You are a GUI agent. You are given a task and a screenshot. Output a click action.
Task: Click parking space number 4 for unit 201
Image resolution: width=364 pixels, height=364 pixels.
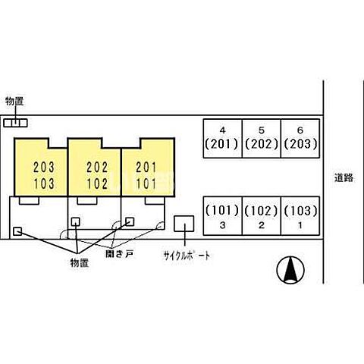coord(223,139)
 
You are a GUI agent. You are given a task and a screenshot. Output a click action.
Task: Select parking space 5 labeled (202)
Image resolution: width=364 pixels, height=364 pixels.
coord(262,139)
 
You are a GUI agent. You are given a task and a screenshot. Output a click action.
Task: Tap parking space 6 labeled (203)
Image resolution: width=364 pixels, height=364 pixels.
coord(300,139)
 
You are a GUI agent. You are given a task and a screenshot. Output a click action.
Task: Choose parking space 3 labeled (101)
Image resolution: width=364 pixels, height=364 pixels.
coord(223,216)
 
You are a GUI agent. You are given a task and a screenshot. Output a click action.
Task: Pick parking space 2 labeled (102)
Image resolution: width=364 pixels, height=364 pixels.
coord(262,216)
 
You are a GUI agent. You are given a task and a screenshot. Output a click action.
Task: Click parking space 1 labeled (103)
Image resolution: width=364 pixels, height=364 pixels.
coord(300,216)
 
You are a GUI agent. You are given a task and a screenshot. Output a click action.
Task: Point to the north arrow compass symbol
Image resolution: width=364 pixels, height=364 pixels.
coord(290,270)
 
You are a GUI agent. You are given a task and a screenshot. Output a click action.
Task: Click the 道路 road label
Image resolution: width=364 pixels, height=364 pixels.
coord(344,178)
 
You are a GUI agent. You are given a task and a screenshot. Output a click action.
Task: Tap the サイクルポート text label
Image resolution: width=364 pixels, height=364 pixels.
coord(187,256)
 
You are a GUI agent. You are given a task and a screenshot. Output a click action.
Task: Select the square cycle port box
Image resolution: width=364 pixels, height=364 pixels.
coord(184,224)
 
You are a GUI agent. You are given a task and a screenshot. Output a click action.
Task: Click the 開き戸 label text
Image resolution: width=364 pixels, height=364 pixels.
coord(119,254)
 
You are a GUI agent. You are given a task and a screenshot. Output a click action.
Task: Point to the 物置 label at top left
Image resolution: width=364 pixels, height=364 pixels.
coord(14,102)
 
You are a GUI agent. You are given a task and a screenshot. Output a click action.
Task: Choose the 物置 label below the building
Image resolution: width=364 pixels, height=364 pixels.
coord(80,263)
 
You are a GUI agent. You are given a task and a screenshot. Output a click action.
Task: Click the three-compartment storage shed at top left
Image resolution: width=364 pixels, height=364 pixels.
coord(15,123)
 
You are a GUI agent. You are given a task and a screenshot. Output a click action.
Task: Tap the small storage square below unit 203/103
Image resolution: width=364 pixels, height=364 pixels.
coord(17,231)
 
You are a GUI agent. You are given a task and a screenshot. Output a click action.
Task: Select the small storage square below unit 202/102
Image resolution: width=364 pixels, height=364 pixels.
coord(76,221)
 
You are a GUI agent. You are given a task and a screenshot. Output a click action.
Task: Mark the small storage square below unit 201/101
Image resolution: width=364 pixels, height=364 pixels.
coord(130,221)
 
